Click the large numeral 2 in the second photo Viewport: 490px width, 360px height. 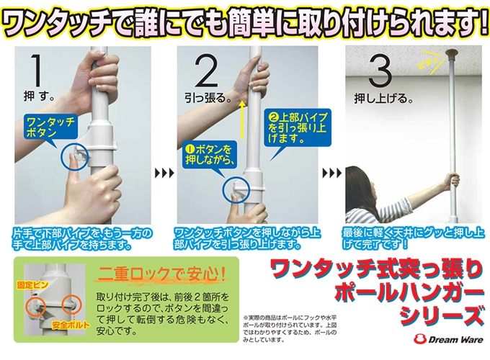click(x=207, y=71)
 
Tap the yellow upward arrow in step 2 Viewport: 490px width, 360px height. click(x=242, y=120)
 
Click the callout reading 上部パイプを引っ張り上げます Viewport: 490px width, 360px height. click(x=297, y=127)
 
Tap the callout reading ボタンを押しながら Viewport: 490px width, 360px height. click(x=210, y=155)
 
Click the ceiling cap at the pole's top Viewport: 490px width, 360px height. click(x=452, y=53)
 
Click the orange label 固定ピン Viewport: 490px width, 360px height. click(x=32, y=284)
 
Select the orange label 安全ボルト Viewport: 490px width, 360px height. click(x=71, y=325)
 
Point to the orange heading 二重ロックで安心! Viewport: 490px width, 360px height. click(x=161, y=274)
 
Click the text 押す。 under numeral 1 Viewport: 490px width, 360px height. click(x=39, y=96)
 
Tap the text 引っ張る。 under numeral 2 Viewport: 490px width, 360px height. click(x=208, y=99)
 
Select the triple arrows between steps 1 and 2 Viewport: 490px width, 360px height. click(x=164, y=173)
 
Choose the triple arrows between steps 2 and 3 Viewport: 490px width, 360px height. click(x=332, y=173)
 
